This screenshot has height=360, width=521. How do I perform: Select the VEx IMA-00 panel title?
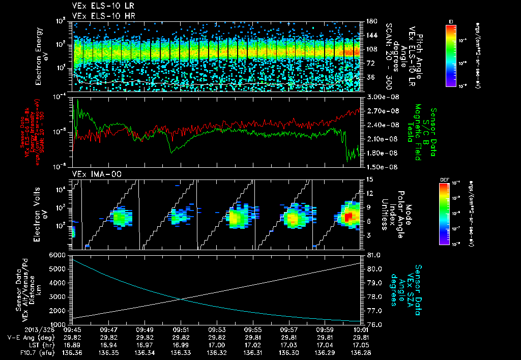point(91,174)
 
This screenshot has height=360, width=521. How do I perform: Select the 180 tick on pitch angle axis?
point(370,21)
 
